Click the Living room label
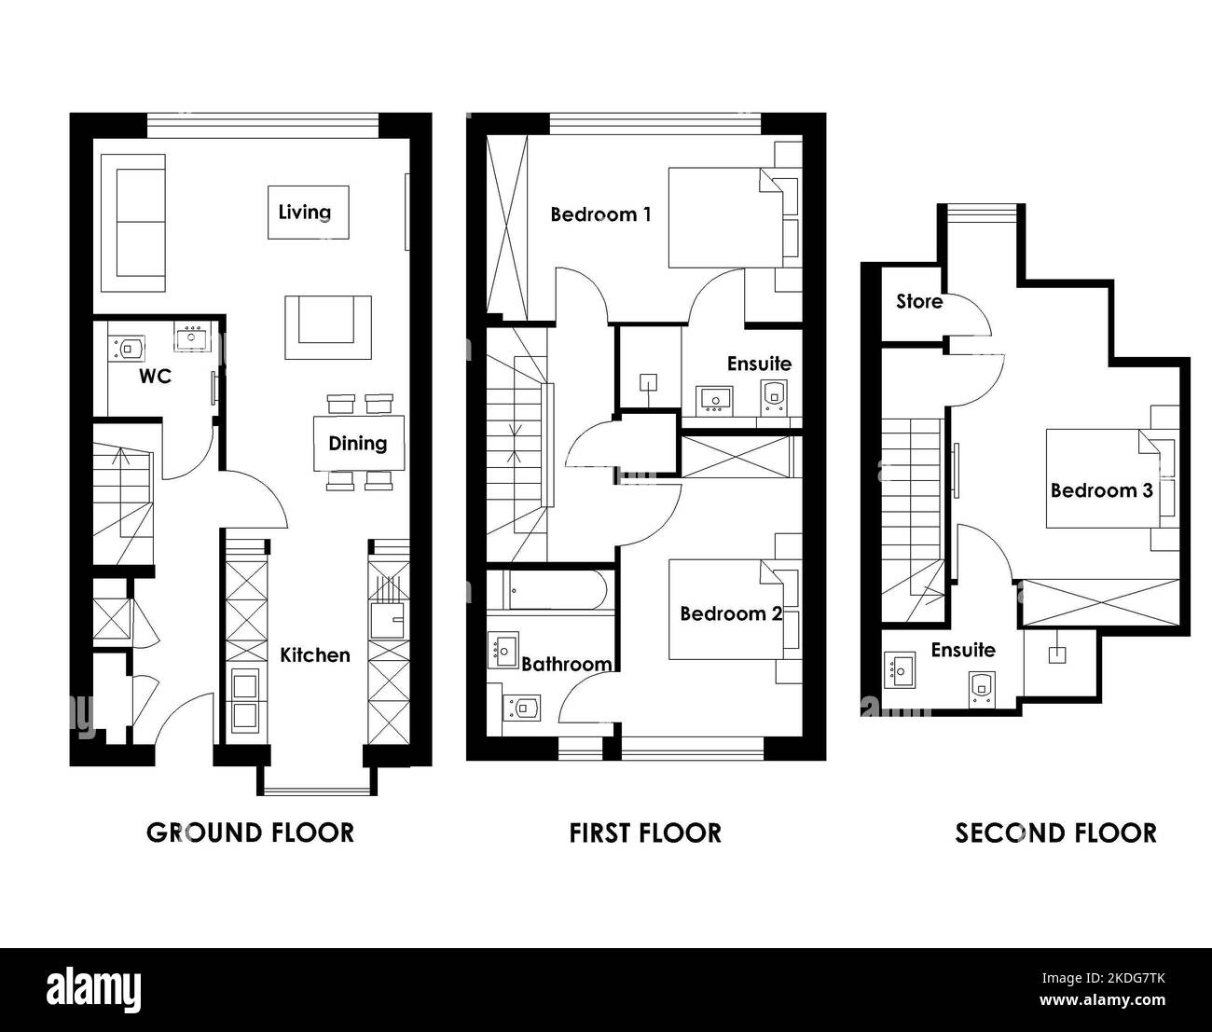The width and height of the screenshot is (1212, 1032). tap(304, 213)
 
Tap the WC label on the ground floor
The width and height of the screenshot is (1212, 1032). tap(156, 377)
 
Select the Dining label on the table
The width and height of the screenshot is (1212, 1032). tap(358, 444)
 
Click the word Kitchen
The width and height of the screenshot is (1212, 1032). tap(315, 655)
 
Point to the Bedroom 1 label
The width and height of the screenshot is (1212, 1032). tap(600, 214)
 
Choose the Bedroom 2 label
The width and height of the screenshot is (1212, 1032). tap(731, 614)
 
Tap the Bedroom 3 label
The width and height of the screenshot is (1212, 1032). tap(1102, 490)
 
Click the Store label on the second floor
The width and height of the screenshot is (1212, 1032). tap(919, 301)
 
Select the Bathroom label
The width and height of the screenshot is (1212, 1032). tap(567, 664)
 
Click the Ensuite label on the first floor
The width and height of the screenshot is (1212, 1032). tap(759, 364)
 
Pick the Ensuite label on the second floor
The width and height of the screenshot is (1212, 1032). tap(963, 650)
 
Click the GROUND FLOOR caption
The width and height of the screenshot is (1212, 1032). tap(251, 832)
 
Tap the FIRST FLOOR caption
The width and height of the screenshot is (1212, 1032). tap(645, 832)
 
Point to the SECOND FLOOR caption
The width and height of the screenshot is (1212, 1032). tap(1056, 832)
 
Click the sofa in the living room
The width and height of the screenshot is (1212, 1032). tap(133, 223)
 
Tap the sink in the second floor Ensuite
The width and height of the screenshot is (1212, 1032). tap(900, 669)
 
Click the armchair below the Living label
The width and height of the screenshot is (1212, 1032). tap(328, 327)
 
